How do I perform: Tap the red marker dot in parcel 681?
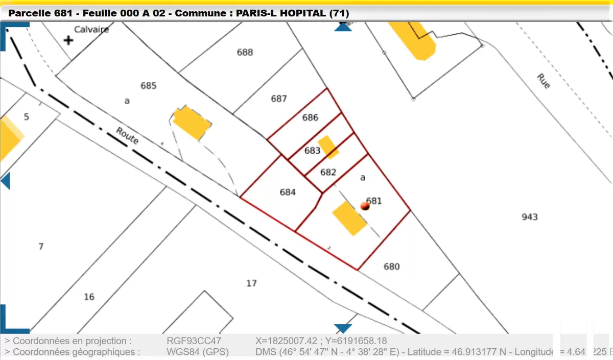pyautogui.click(x=365, y=206)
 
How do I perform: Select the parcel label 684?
pyautogui.click(x=288, y=192)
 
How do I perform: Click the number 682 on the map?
pyautogui.click(x=328, y=172)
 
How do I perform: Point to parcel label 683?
pyautogui.click(x=312, y=151)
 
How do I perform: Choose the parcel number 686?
pyautogui.click(x=310, y=117)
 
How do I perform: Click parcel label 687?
pyautogui.click(x=279, y=99)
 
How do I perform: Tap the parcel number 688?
pyautogui.click(x=245, y=52)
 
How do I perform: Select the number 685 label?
pyautogui.click(x=148, y=86)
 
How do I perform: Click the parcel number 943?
pyautogui.click(x=530, y=217)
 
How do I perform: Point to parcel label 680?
pyautogui.click(x=391, y=267)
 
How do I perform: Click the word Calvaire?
pyautogui.click(x=91, y=29)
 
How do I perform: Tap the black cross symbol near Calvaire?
pyautogui.click(x=68, y=40)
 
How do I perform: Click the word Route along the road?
pyautogui.click(x=127, y=135)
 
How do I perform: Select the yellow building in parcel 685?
pyautogui.click(x=192, y=123)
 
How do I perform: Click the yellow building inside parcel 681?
pyautogui.click(x=349, y=218)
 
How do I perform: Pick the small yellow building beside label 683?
pyautogui.click(x=328, y=147)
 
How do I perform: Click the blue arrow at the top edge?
pyautogui.click(x=343, y=27)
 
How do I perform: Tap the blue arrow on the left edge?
pyautogui.click(x=6, y=181)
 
